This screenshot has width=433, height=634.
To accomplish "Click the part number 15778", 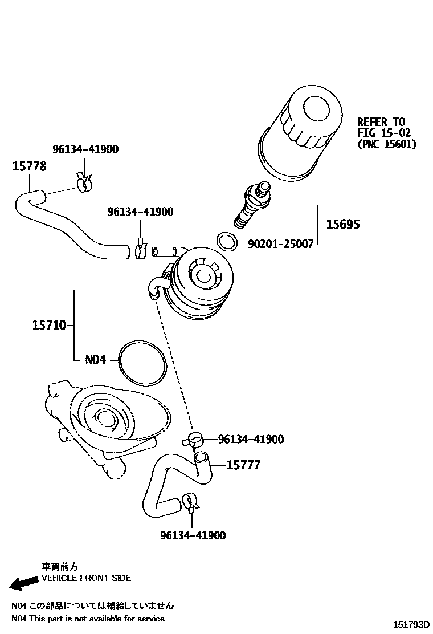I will (x=30, y=166).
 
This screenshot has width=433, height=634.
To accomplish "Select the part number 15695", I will (x=342, y=225).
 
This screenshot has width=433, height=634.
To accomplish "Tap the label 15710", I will (x=49, y=326).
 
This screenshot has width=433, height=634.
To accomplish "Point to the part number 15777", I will (x=243, y=465).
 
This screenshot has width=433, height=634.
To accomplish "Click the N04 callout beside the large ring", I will (x=96, y=360).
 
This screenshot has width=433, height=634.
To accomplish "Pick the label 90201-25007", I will (x=280, y=244).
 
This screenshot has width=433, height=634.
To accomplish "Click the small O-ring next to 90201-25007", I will (x=227, y=241).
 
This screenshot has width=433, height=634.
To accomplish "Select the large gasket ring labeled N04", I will (x=143, y=362).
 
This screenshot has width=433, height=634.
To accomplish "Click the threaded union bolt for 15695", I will (x=251, y=207).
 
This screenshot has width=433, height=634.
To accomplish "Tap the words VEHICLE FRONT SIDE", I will (x=86, y=578).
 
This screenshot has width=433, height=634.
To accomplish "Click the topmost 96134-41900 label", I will (x=85, y=149).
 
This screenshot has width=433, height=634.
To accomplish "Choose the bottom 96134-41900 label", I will (x=193, y=535).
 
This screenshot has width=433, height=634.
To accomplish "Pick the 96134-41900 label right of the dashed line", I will (x=251, y=439).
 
